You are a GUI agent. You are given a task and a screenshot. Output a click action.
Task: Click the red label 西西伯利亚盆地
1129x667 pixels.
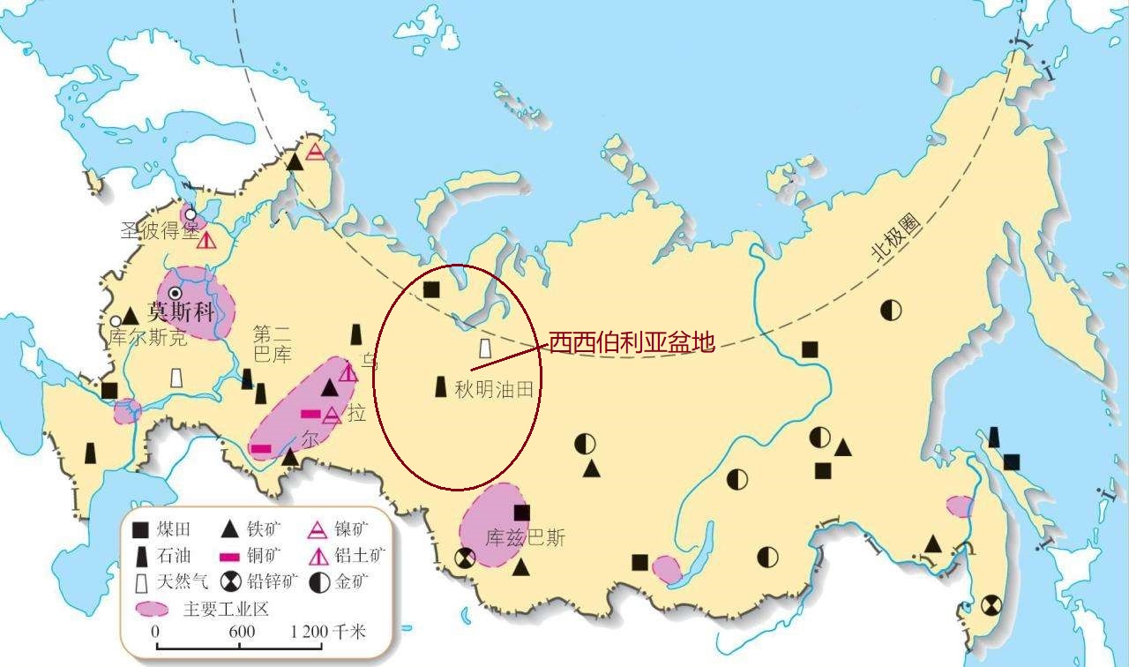click(631, 342)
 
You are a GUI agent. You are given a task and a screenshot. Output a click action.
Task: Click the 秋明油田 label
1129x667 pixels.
click(494, 389)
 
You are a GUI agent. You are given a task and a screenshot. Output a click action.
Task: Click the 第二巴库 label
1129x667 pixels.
click(272, 345)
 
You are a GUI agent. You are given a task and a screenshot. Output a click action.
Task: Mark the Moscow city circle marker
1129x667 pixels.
click(175, 293)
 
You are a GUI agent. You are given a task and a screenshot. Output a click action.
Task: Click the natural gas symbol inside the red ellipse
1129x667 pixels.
click(484, 348)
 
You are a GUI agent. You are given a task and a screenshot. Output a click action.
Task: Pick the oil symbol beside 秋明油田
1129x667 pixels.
click(441, 386)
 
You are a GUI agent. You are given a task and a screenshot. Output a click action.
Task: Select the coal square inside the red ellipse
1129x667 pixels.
click(431, 289)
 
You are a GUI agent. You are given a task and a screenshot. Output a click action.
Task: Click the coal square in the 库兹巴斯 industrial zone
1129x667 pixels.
click(522, 513)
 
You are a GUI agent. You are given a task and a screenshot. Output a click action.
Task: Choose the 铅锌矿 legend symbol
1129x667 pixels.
click(232, 581)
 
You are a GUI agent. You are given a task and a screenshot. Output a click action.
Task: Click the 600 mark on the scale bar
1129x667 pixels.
click(242, 631)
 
